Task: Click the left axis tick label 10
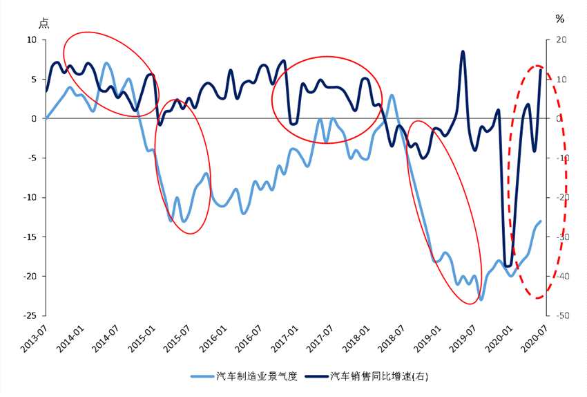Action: click(x=31, y=40)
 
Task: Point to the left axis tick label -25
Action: click(x=30, y=315)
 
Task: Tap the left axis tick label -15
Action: click(x=30, y=237)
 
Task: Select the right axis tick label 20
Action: click(x=561, y=40)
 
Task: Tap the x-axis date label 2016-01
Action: click(x=210, y=339)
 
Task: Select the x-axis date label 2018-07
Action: click(x=388, y=339)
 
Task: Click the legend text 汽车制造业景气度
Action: click(x=256, y=376)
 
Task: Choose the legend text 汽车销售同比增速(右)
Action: click(x=383, y=376)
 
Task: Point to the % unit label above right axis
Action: click(x=559, y=19)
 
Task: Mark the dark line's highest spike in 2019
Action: click(x=463, y=51)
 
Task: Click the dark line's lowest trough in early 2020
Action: click(x=508, y=266)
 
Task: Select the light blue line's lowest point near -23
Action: click(x=481, y=299)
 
